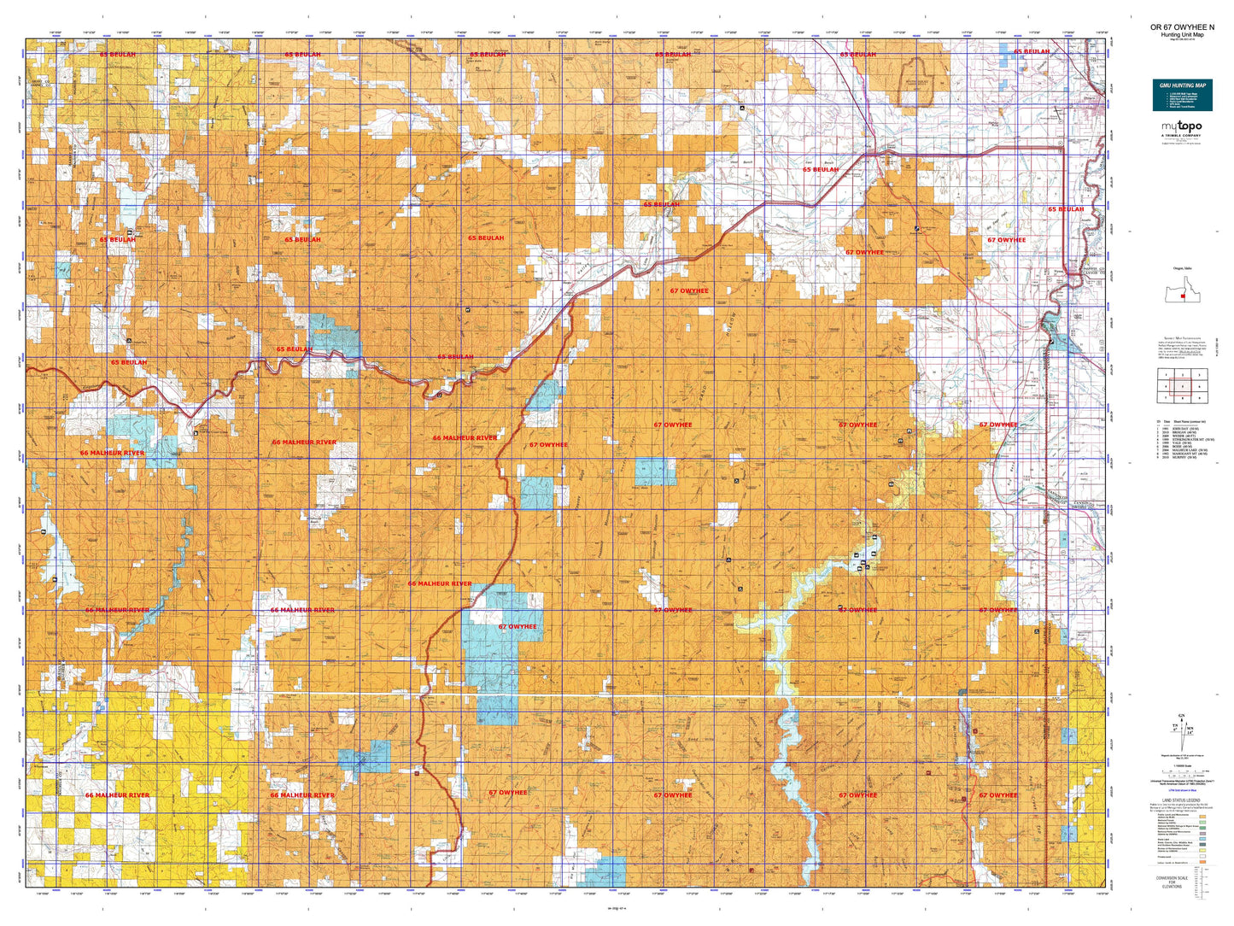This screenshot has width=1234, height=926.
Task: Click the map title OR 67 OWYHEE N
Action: pos(1182,27)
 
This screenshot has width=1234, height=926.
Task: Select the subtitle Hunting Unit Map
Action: pos(1182,34)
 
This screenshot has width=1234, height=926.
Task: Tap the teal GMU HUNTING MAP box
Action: pos(1182,95)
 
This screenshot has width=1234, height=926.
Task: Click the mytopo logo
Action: pos(1181,126)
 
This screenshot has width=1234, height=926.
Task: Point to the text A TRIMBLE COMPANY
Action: pos(1181,135)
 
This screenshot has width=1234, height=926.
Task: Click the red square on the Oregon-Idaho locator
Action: pos(1182,296)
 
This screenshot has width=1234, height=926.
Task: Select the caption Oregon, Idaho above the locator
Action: pos(1182,267)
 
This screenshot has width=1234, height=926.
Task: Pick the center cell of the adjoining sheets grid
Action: pos(1182,386)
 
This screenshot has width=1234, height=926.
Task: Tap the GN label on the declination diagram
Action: pos(1182,716)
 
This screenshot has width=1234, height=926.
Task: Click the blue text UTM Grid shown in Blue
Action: pos(1181,791)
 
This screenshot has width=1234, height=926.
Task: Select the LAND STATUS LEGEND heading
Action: pos(1181,800)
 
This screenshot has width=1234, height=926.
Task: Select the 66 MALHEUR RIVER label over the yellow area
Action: pos(117,795)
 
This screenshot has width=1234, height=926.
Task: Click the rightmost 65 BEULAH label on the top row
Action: pos(1032,51)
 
